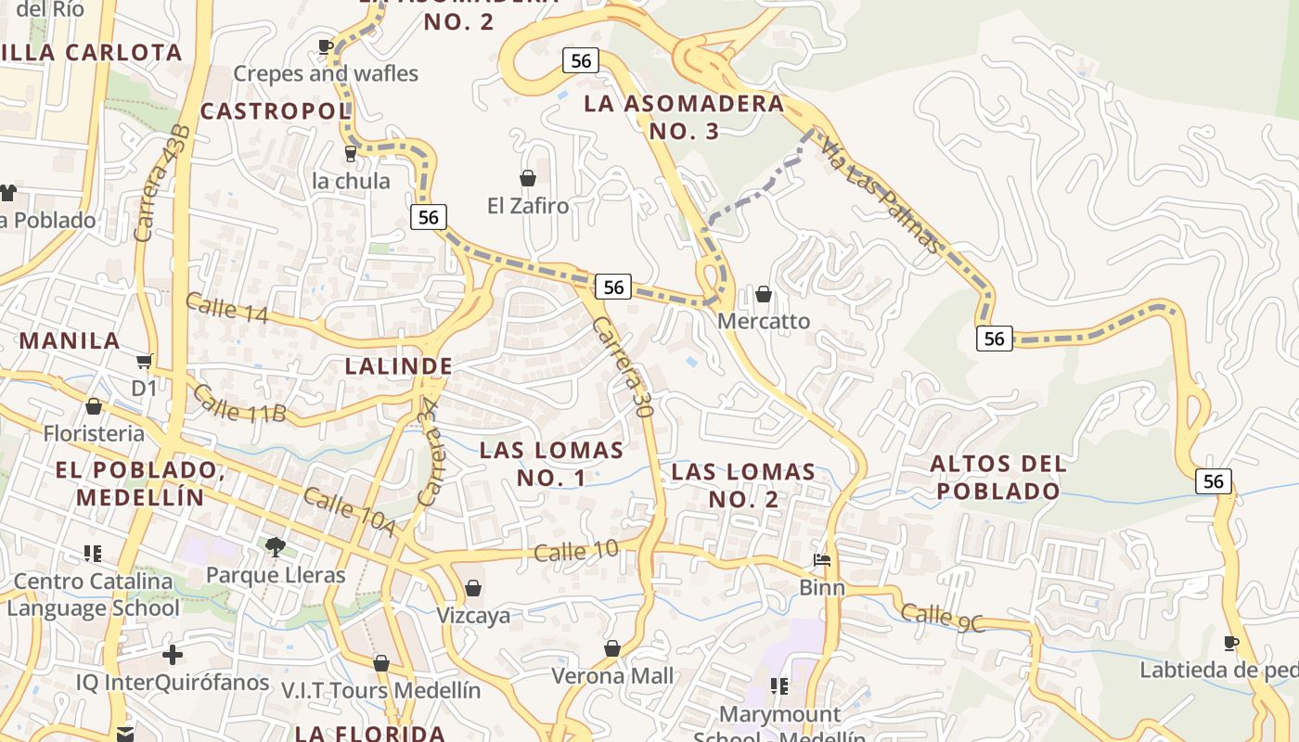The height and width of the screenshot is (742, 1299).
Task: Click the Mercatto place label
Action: (764, 321)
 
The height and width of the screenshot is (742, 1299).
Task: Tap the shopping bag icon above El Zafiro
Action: (528, 177)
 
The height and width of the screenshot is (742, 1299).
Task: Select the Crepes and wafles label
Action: (326, 73)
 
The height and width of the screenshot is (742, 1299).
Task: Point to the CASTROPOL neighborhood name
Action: (276, 111)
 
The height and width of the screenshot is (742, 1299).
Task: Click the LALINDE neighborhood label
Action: (398, 366)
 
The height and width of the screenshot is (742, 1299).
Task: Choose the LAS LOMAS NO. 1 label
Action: (551, 464)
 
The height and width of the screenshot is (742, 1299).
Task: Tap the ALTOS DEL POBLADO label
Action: (997, 477)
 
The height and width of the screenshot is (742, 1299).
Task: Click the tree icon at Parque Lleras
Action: (275, 546)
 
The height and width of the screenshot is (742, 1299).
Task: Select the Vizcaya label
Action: (473, 615)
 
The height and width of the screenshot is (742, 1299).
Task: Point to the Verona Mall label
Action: (612, 675)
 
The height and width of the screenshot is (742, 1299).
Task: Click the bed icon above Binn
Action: (822, 559)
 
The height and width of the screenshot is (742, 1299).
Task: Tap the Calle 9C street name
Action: (942, 618)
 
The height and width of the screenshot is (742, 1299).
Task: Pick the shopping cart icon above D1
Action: (144, 361)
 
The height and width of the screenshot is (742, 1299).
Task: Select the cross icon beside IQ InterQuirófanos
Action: (172, 655)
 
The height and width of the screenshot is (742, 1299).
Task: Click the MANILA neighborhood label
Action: (70, 340)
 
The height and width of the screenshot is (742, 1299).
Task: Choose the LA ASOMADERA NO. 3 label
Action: (684, 117)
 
